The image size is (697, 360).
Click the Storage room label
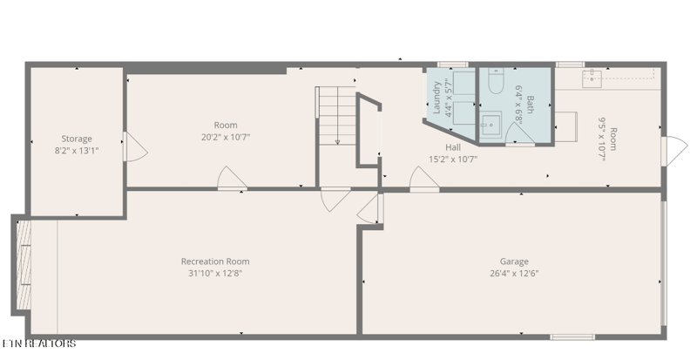(77, 139)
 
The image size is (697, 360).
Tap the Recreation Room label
(215, 262)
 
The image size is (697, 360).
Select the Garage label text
(514, 262)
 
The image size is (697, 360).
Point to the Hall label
(453, 147)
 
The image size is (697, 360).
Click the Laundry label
(436, 98)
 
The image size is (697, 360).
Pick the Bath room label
(530, 105)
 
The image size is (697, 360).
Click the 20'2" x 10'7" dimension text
(226, 137)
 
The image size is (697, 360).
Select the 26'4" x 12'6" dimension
(514, 273)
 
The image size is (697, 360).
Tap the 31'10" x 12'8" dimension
(215, 273)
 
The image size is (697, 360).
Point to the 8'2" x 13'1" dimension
(77, 151)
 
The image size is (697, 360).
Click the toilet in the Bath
(496, 81)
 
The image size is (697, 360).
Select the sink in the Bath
(491, 125)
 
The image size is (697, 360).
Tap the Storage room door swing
(136, 146)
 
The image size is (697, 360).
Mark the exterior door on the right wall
(674, 152)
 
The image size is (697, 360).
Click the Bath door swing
(520, 133)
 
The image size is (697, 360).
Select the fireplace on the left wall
(24, 266)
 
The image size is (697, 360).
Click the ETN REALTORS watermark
(39, 343)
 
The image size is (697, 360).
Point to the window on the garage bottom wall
(572, 336)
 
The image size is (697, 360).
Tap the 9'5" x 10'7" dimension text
(607, 139)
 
